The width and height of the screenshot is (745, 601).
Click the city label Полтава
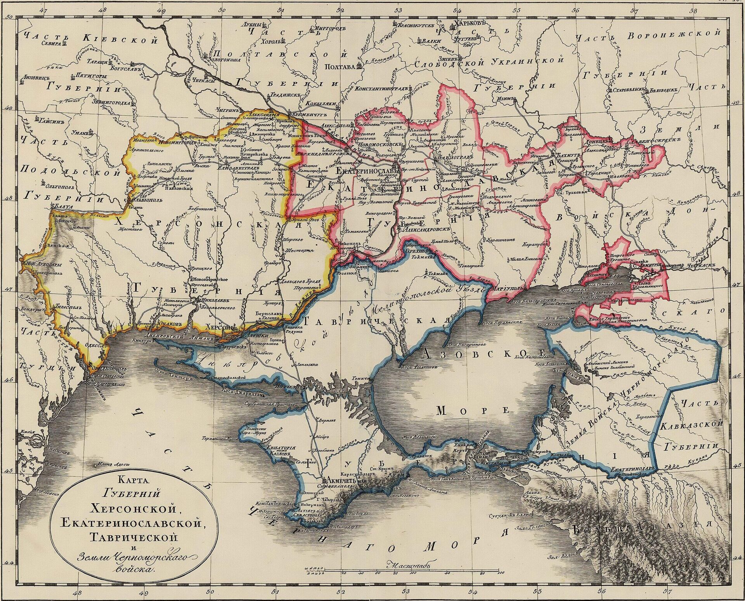click(x=341, y=67)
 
